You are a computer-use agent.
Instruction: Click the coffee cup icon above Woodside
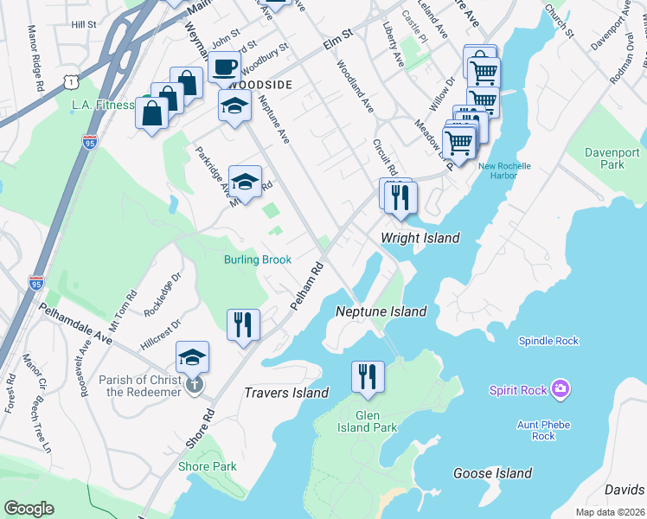[225, 67]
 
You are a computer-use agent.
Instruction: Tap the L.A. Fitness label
[103, 105]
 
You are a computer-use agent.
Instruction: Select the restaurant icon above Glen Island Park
[368, 376]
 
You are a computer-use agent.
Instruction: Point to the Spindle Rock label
[548, 341]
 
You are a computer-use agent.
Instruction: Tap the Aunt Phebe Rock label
[543, 430]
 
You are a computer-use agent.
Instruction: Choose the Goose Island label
[492, 473]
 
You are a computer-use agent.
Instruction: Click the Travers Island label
[286, 393]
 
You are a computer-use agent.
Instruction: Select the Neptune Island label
[381, 311]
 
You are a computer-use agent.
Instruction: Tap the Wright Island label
[420, 238]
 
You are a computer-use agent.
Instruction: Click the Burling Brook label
[257, 259]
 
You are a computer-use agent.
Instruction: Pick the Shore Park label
[207, 466]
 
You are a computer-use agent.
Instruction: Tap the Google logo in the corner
[29, 509]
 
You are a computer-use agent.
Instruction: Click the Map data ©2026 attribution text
[611, 512]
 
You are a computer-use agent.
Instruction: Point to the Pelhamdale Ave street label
[74, 323]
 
